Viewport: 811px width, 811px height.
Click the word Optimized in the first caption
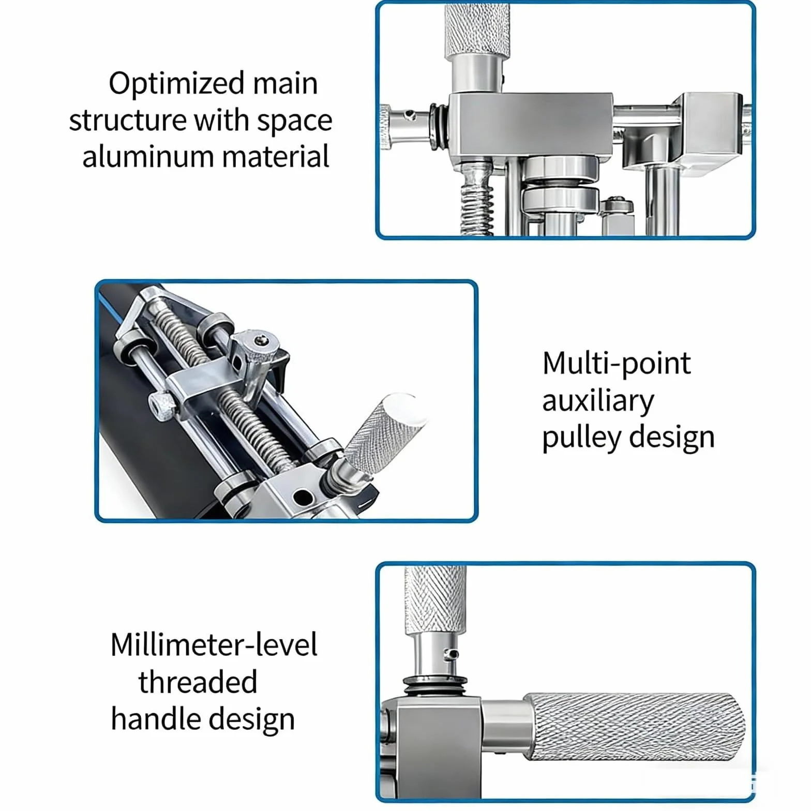point(176,84)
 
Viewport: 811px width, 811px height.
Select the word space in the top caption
point(294,122)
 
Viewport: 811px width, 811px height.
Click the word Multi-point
point(617,364)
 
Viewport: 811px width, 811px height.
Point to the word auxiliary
point(598,401)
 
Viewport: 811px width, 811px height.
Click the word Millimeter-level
point(214,645)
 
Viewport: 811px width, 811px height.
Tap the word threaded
point(198,682)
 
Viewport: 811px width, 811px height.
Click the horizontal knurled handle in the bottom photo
point(635,727)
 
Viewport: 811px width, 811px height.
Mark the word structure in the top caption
point(127,122)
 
